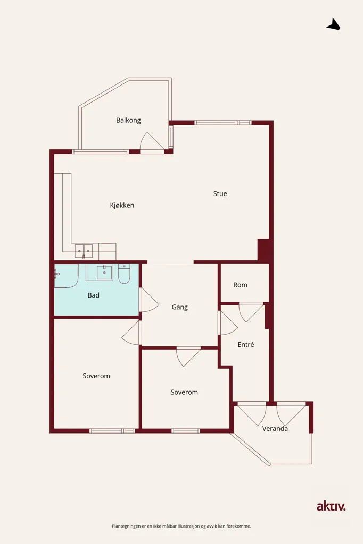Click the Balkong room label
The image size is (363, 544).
128,121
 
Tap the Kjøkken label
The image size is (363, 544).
122,205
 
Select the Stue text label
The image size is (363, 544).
220,193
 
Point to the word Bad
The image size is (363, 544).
94,295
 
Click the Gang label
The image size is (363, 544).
180,307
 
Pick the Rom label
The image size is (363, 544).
240,285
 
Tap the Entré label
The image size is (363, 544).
246,344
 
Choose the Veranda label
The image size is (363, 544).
275,429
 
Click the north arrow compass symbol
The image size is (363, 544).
333,24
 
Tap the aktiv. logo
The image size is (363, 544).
331,506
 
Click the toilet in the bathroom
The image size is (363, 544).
124,274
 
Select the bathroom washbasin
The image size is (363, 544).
104,273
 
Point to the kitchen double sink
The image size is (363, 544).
84,251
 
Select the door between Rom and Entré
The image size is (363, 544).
251,312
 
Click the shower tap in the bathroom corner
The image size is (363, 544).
57,274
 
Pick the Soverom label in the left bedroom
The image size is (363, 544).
96,376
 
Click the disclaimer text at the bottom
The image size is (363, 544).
181,526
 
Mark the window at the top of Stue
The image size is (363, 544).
223,123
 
